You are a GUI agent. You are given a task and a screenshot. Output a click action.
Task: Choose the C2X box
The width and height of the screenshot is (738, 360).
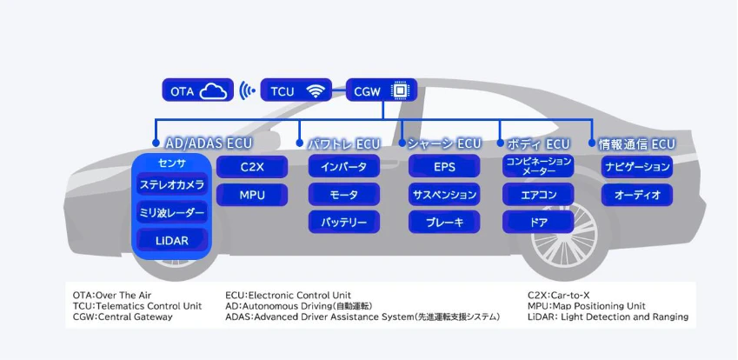pos(252,166)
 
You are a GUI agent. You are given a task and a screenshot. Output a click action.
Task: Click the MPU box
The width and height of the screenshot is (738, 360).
pos(252,195)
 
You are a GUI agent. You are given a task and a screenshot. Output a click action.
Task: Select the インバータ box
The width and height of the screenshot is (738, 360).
pos(344,167)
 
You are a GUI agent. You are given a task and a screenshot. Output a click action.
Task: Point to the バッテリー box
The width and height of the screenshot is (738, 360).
pos(344,223)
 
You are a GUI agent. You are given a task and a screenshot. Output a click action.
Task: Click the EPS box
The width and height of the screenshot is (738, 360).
pos(444,167)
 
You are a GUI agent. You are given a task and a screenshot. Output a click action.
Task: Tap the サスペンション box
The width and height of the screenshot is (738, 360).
pos(444,195)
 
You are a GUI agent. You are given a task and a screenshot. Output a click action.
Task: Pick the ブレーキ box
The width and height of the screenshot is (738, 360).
pos(444,223)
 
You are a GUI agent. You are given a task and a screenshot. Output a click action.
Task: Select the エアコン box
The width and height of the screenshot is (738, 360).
pos(538,195)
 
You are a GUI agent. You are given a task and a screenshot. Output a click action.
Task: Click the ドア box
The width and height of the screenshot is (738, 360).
pos(538,223)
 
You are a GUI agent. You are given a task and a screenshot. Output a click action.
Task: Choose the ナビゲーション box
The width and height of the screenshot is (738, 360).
pos(637,167)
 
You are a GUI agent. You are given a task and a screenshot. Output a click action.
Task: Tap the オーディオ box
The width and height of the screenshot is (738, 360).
pos(637,195)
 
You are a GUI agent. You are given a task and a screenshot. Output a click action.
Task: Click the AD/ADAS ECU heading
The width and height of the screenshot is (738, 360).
pos(209,143)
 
